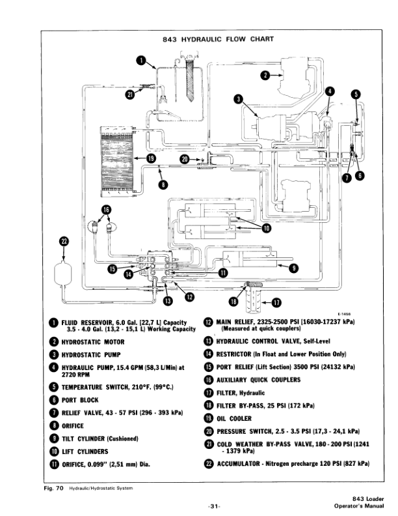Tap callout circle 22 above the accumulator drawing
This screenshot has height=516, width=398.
click(64, 242)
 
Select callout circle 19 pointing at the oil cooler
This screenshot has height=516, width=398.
click(151, 158)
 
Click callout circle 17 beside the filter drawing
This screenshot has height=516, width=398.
click(276, 302)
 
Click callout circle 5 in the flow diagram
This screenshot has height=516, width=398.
click(355, 94)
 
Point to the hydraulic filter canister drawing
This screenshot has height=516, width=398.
click(253, 296)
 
